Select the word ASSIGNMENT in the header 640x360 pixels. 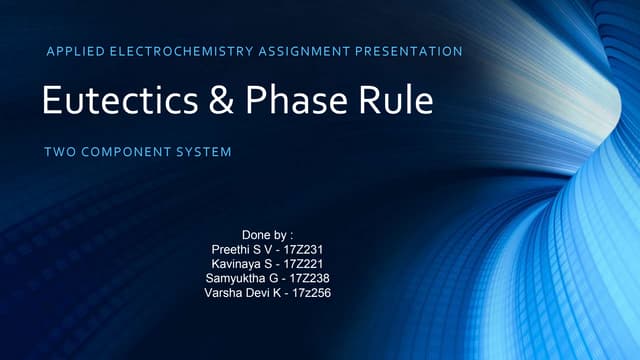(305, 50)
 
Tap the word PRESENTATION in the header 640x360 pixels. (411, 50)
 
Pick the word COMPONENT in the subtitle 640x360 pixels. (125, 153)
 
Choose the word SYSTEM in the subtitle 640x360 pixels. (203, 153)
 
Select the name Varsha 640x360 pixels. (223, 293)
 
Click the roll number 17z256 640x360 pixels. (308, 293)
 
